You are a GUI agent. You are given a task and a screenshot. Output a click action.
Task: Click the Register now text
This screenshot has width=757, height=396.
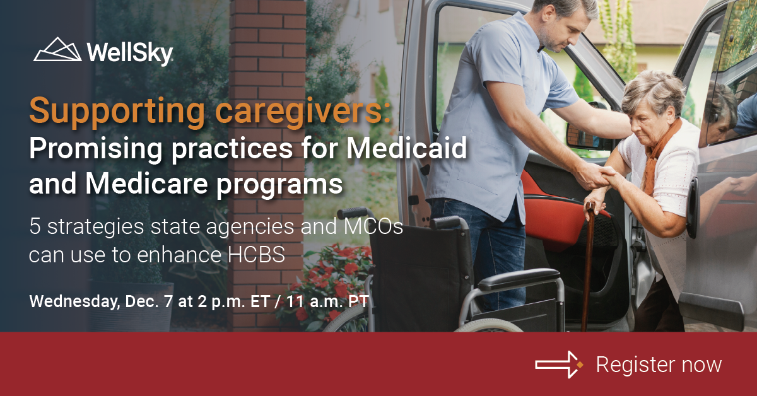659,364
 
